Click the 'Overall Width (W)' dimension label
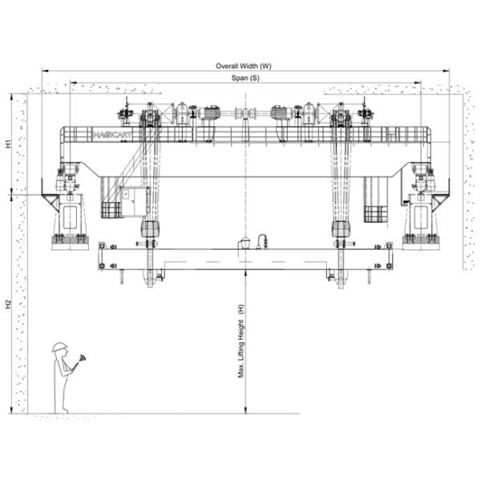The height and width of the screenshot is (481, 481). pos(244,66)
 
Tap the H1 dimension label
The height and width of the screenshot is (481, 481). pos(9,144)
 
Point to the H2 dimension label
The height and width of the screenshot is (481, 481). pos(9,304)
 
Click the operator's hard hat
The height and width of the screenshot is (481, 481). pos(59,347)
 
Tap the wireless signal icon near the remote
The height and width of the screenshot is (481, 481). pos(82,358)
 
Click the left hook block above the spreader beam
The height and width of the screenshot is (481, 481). pos(149,229)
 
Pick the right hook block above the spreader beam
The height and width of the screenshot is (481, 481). pos(342,229)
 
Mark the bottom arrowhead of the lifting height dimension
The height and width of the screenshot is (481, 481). pos(246,410)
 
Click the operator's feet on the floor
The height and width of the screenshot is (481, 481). pos(61,410)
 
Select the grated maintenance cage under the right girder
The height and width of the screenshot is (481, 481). pos(375,214)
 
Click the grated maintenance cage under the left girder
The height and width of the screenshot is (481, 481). pos(111,210)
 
